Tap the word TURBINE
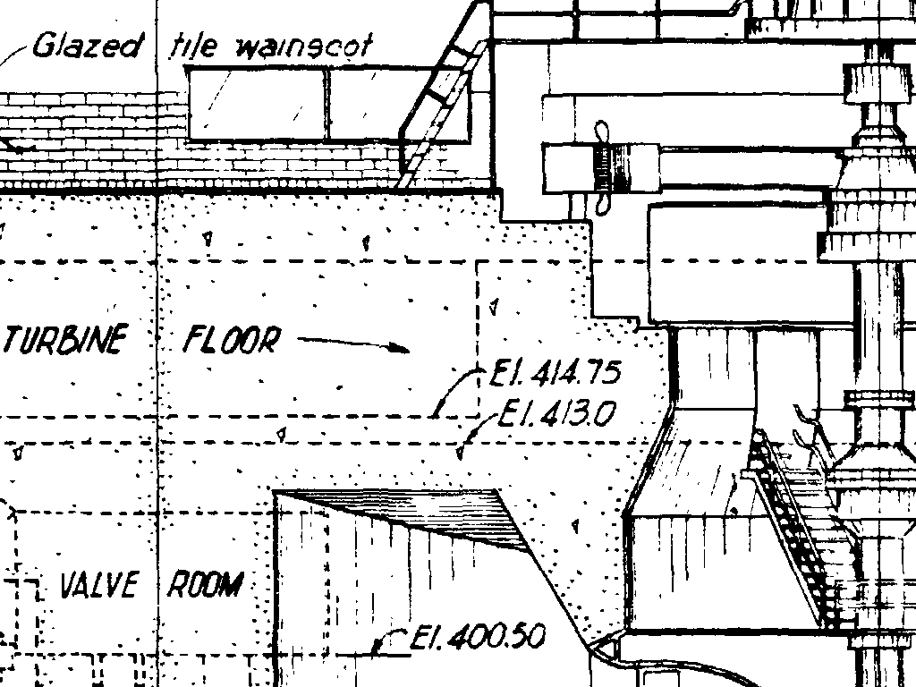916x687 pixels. (64, 341)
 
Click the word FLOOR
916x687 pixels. (232, 340)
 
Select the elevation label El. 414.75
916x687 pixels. (555, 372)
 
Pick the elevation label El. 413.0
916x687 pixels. (558, 413)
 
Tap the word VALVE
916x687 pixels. (98, 586)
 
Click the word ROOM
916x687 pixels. (206, 586)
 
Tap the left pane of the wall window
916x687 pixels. (259, 104)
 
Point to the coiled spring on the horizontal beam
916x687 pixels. (604, 169)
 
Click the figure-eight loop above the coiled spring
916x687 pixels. (602, 132)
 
